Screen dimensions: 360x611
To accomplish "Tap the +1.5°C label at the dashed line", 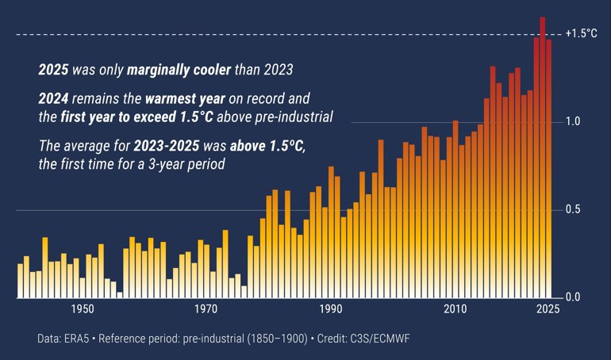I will pos(580,34).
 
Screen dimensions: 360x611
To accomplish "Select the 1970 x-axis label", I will pos(206,309).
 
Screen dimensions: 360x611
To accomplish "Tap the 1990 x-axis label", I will pos(330,309).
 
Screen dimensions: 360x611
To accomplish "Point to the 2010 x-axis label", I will pos(455,309).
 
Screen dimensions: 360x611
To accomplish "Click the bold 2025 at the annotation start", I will pos(53,70).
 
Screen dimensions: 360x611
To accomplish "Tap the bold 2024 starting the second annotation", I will pos(53,101).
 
